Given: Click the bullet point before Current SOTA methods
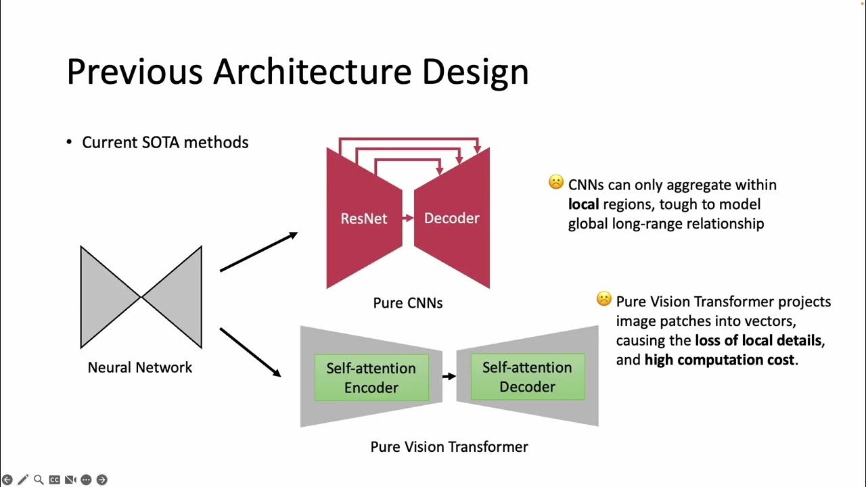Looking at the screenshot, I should (x=68, y=143).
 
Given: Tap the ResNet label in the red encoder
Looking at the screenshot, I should (x=364, y=218).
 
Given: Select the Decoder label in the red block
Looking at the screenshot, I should (x=451, y=218).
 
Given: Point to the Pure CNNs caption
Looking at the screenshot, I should (x=408, y=303).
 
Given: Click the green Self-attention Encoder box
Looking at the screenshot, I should (x=371, y=377).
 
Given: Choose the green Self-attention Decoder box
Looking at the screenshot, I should (x=527, y=377).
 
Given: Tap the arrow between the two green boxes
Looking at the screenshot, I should (x=449, y=376).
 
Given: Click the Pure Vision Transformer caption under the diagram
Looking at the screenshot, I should (x=449, y=446).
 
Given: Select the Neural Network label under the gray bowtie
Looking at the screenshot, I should (x=140, y=367).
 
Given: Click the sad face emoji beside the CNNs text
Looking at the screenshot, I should (x=556, y=183).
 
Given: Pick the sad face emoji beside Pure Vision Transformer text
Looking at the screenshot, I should (x=603, y=299).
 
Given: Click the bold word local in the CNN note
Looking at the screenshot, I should (x=585, y=204).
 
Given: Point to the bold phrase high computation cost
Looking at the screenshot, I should (x=719, y=360).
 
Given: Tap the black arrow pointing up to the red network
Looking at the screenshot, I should (x=258, y=252).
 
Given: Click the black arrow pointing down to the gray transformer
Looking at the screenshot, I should (x=250, y=352).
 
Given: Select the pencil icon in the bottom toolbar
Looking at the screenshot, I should (x=23, y=480).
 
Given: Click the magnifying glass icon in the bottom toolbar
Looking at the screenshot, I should (x=39, y=480).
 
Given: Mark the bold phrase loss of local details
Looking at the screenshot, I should (x=759, y=340).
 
